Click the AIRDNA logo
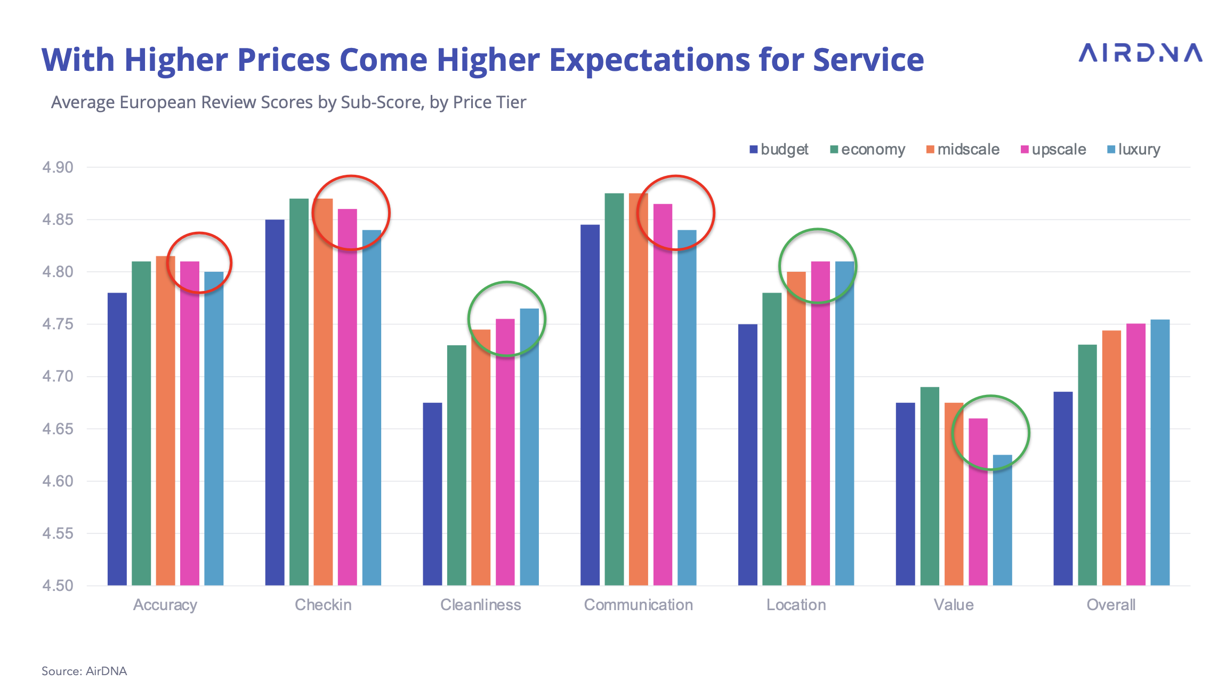[1140, 53]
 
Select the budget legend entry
[779, 150]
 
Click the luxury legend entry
[1134, 150]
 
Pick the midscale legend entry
[963, 150]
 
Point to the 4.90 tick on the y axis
[58, 167]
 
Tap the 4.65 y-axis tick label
[58, 429]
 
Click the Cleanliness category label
[480, 605]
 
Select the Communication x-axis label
[638, 605]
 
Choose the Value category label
[954, 605]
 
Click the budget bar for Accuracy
[117, 439]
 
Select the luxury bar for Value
[1002, 520]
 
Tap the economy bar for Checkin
[299, 392]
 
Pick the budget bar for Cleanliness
[432, 494]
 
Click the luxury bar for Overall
[1160, 452]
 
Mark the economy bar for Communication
[614, 389]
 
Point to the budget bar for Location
[747, 455]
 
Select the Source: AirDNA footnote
[84, 671]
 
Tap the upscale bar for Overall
[1136, 455]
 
